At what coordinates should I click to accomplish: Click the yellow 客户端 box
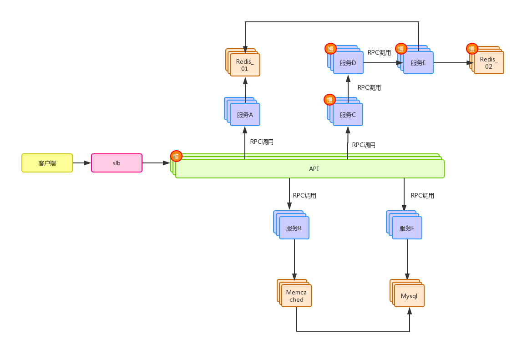[x=47, y=163]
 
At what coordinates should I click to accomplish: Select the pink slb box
[x=117, y=163]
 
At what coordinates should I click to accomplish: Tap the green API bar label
[x=314, y=169]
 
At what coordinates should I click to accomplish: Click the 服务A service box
[x=245, y=115]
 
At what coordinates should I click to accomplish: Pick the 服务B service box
[x=294, y=228]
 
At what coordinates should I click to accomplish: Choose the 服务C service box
[x=348, y=115]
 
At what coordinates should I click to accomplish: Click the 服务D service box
[x=348, y=63]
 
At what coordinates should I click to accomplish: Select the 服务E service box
[x=418, y=63]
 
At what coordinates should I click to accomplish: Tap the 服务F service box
[x=407, y=228]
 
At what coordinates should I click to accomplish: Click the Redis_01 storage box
[x=245, y=65]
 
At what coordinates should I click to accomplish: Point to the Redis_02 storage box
[x=489, y=63]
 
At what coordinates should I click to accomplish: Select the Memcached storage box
[x=296, y=296]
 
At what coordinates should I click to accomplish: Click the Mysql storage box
[x=409, y=296]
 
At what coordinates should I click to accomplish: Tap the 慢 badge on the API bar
[x=176, y=156]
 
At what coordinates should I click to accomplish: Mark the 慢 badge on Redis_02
[x=472, y=49]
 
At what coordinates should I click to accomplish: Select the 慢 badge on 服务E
[x=401, y=49]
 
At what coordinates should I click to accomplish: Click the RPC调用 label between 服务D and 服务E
[x=379, y=53]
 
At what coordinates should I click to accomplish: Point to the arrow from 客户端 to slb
[x=82, y=163]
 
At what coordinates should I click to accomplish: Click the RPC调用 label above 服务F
[x=422, y=196]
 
